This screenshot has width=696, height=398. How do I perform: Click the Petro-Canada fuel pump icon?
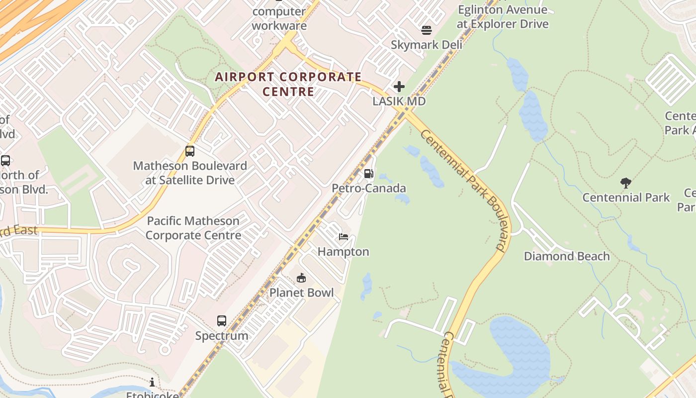(x=368, y=174)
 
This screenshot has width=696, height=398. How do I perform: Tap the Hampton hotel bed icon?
(x=344, y=237)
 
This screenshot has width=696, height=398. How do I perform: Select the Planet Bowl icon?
(x=301, y=278)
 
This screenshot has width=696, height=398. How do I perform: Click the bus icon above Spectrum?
(x=222, y=321)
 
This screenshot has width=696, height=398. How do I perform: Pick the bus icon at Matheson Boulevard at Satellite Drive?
(x=190, y=151)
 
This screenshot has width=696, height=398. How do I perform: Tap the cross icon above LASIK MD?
(x=399, y=87)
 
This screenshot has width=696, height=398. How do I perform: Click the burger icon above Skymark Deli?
(x=426, y=30)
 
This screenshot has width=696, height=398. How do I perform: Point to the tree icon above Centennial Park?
(x=626, y=183)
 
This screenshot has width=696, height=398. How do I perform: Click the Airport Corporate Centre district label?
(x=288, y=84)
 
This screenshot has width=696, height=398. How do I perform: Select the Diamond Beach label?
(x=567, y=256)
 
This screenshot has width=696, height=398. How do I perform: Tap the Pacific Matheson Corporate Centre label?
(x=193, y=228)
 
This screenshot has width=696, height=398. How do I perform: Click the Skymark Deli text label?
(x=426, y=45)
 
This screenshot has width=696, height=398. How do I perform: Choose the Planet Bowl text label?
(x=301, y=293)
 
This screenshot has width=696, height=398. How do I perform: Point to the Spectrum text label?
(x=222, y=336)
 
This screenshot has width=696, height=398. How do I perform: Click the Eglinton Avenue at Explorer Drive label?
(x=503, y=17)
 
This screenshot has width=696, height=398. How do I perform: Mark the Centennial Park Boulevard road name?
(x=463, y=189)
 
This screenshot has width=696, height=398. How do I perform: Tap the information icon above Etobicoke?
(x=152, y=382)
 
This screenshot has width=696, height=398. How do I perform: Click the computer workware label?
(x=279, y=18)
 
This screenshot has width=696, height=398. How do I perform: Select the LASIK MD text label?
(x=399, y=101)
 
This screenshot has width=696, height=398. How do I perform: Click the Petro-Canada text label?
(x=369, y=188)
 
